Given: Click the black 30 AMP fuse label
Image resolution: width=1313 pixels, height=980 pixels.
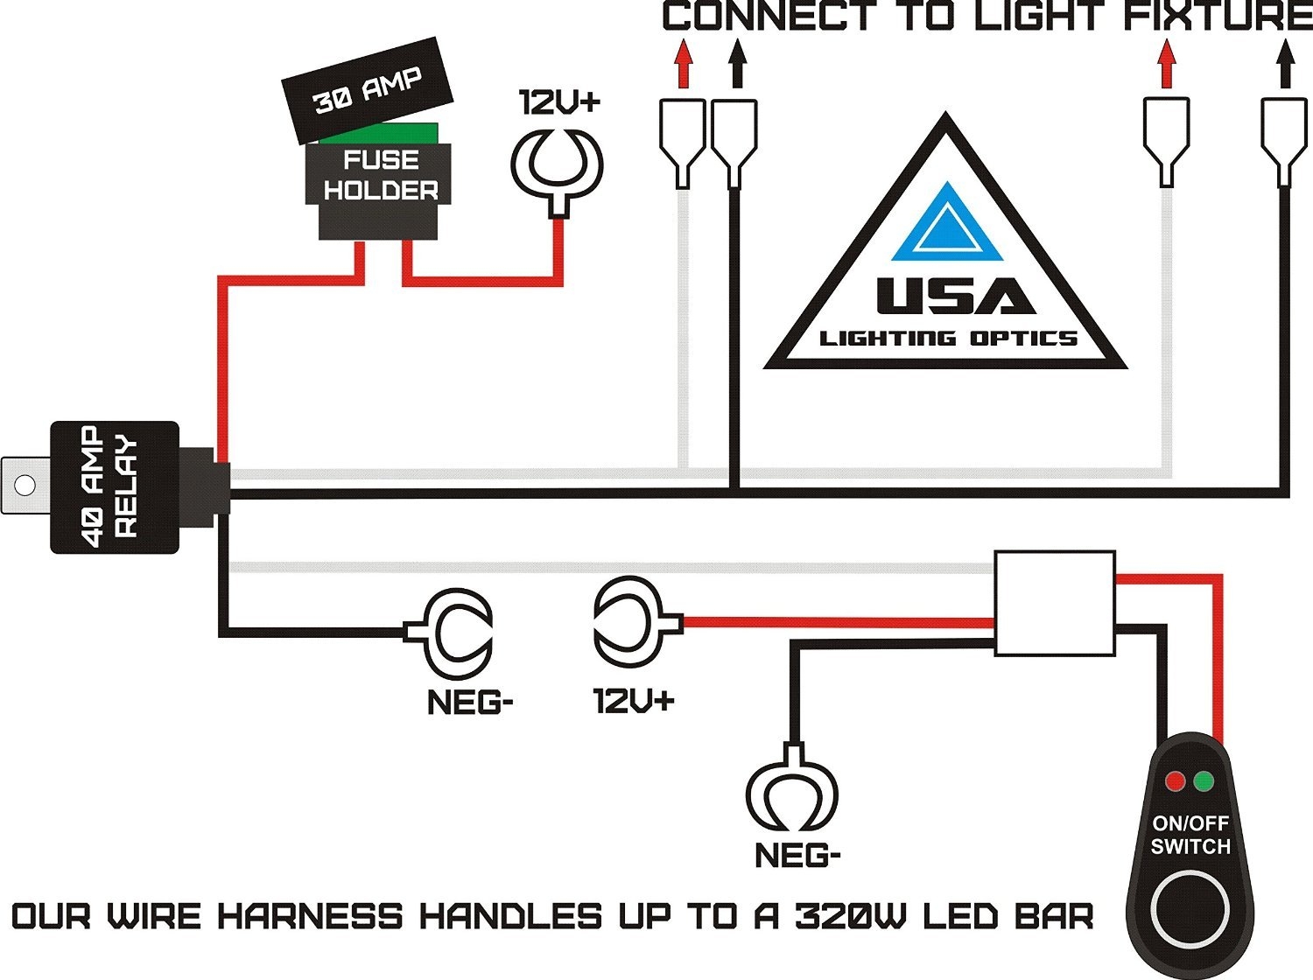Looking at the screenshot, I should tap(367, 90).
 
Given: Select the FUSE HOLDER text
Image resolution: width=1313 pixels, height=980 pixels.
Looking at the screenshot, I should tap(380, 175).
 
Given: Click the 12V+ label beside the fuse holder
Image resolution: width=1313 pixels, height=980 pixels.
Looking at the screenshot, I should tap(559, 102).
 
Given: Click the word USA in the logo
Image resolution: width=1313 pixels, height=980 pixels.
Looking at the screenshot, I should tap(955, 297).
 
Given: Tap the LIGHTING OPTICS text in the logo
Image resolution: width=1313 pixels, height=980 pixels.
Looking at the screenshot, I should tap(948, 339).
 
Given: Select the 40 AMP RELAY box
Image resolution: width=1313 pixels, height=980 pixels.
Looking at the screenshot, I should tap(115, 486).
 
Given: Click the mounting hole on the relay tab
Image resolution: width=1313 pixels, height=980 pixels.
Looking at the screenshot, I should tap(25, 485).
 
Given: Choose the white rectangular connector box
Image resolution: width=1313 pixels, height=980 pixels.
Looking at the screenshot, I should tap(1055, 603).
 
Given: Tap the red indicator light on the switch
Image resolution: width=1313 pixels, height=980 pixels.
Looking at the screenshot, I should tap(1175, 780).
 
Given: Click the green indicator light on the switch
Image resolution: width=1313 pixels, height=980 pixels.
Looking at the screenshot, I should tap(1204, 780).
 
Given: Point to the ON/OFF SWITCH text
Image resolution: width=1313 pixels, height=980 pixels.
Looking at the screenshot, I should tap(1190, 835).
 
